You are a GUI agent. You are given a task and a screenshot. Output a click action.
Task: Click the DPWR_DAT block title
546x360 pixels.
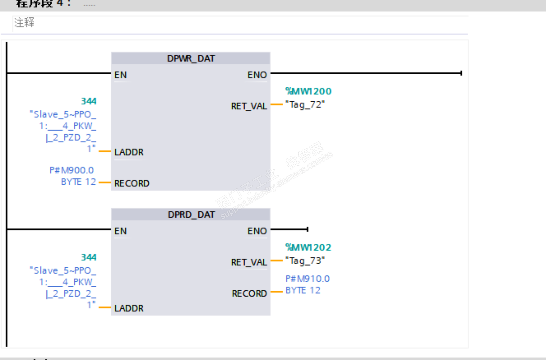point(191,59)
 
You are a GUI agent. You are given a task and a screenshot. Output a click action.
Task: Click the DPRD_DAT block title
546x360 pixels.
point(191,215)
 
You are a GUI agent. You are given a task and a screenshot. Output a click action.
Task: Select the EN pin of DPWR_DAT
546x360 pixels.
point(120,75)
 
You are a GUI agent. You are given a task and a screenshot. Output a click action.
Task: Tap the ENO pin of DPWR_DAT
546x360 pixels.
point(257,75)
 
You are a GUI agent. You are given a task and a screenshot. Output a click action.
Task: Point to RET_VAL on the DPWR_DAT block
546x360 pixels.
point(249,106)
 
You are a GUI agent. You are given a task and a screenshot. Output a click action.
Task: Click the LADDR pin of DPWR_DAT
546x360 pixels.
point(129,152)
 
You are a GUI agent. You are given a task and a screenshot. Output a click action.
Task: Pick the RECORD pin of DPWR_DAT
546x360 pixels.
point(132,183)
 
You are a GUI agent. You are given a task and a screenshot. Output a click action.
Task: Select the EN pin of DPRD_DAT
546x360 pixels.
point(120,231)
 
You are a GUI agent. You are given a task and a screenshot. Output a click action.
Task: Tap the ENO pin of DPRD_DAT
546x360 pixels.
point(257,231)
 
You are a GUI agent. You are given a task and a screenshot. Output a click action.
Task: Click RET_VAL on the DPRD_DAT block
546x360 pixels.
point(249,262)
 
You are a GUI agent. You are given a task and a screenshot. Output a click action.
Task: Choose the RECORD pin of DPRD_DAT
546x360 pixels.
point(249,294)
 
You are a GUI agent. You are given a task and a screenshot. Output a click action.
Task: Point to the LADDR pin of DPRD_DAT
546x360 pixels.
point(129,308)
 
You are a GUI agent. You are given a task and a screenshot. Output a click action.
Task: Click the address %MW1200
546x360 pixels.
point(308,91)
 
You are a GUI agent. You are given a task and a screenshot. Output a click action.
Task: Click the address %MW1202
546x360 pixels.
point(308,247)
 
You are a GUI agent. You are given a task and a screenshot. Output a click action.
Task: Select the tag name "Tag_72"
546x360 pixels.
point(305,105)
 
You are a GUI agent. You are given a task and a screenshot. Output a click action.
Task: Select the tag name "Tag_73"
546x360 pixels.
point(305,261)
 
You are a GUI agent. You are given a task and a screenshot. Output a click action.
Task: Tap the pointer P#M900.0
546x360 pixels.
point(72,170)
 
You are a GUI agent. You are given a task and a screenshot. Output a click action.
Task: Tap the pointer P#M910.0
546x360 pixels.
point(308,279)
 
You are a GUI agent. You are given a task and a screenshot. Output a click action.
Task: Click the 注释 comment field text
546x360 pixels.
point(24,22)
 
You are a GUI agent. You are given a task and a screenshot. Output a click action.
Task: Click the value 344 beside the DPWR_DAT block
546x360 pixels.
point(89,101)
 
